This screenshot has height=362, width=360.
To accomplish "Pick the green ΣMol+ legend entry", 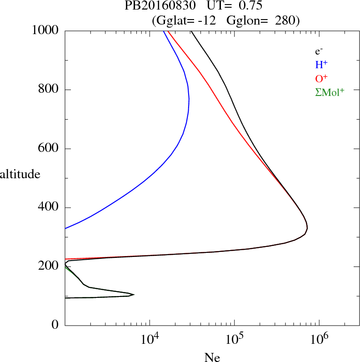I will tap(329, 92).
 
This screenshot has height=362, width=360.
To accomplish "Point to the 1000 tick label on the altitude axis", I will tap(46, 30).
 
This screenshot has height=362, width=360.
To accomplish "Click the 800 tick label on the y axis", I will tap(49, 90).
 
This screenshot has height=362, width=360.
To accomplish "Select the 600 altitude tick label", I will tap(49, 149).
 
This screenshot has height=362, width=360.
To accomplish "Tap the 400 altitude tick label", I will tap(49, 208).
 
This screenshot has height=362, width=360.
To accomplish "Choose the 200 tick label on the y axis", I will tap(49, 266).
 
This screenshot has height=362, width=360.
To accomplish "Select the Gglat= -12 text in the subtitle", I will tap(186, 20).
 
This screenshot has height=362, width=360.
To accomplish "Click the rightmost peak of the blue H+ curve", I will tap(189, 99).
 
